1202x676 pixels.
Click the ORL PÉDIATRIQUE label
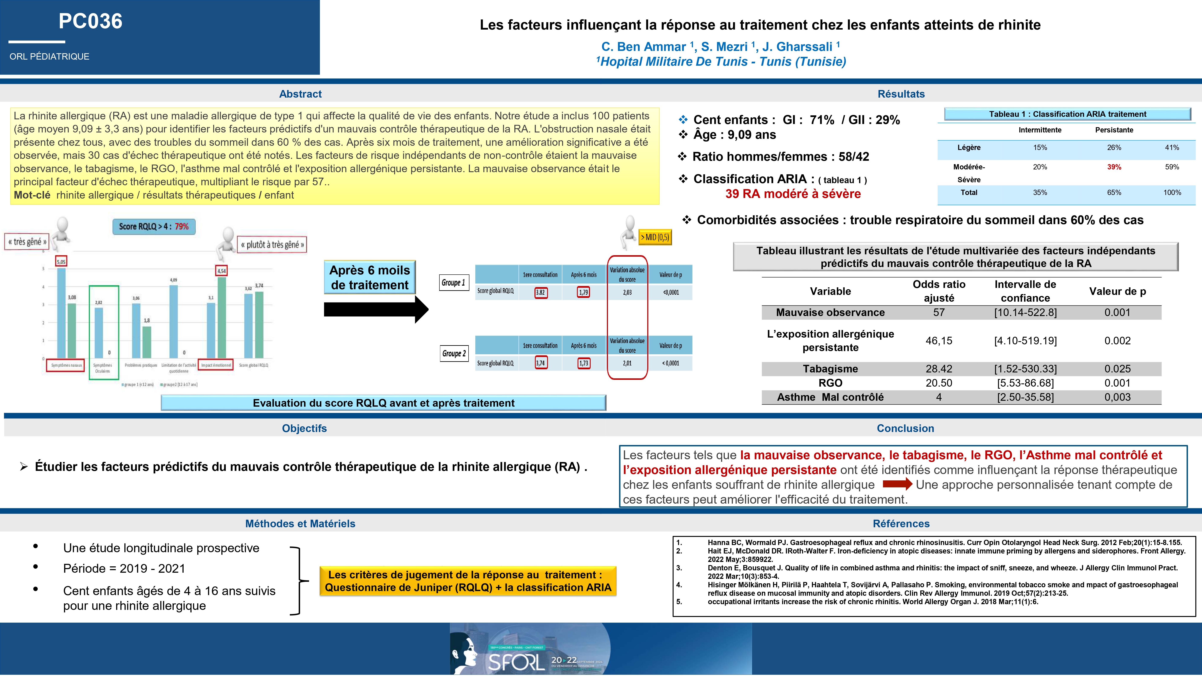[x=49, y=56]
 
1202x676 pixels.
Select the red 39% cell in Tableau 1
[x=1114, y=167]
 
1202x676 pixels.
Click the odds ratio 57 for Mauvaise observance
[x=939, y=313]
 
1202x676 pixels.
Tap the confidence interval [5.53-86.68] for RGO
[x=1025, y=383]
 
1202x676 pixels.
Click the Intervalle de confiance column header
[x=1025, y=291]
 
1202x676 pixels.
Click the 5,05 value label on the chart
[x=61, y=262]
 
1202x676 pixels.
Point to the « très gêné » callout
[x=27, y=242]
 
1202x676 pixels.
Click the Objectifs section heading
[x=304, y=428]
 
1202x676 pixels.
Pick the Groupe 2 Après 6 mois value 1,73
[x=584, y=363]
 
